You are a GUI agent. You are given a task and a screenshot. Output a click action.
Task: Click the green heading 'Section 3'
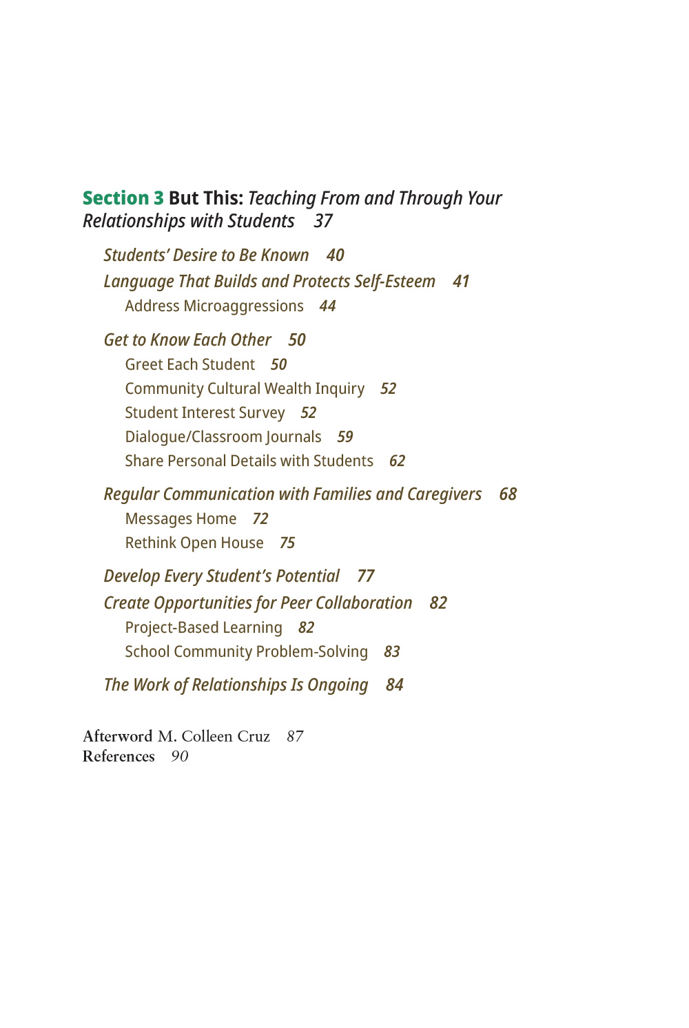(x=123, y=198)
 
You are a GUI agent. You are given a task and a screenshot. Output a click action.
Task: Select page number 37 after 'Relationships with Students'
(x=323, y=221)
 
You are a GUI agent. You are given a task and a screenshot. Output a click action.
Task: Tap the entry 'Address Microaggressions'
(x=214, y=306)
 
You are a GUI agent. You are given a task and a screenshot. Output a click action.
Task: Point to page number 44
(x=327, y=306)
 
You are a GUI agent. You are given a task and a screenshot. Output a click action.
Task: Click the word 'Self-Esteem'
(x=395, y=282)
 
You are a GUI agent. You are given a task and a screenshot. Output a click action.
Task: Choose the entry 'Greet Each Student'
(x=189, y=365)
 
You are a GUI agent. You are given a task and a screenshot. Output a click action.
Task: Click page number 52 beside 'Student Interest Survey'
(x=308, y=413)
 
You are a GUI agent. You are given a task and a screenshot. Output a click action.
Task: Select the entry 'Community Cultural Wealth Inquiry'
(x=245, y=389)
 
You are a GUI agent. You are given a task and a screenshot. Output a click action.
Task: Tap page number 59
(x=344, y=437)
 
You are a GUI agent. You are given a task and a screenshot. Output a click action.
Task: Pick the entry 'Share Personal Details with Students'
(x=249, y=461)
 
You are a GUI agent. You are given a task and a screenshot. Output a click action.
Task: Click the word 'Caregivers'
(x=444, y=494)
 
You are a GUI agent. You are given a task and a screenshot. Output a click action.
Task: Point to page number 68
(x=508, y=494)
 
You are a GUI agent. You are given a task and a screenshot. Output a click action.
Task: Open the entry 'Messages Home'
(x=181, y=519)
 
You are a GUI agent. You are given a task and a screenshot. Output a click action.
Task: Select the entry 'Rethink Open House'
(x=194, y=543)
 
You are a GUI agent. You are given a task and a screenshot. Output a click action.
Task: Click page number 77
(x=366, y=576)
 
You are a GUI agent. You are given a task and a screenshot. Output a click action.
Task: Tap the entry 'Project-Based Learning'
(x=203, y=628)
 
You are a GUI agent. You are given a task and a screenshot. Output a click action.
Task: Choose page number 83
(x=392, y=652)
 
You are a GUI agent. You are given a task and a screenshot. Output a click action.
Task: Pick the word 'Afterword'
(x=118, y=737)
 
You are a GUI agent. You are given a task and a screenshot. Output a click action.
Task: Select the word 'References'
(x=119, y=757)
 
